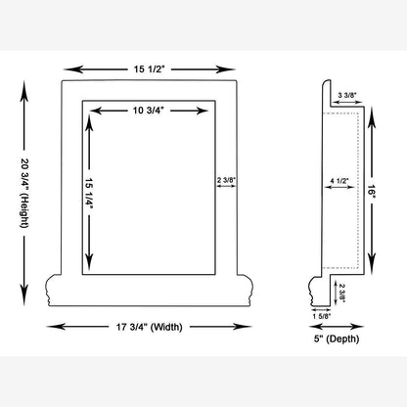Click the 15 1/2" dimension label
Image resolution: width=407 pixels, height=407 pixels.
point(150,69)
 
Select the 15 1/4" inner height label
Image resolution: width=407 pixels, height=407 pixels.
point(89,194)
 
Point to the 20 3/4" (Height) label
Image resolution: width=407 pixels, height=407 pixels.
point(24,193)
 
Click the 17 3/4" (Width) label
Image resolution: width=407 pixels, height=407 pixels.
point(150,327)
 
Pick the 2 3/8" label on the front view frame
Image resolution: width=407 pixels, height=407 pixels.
point(226,180)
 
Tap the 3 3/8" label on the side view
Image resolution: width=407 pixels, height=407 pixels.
point(347,95)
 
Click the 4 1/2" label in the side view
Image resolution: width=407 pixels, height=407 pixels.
point(339,181)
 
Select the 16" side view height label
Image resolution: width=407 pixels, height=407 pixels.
point(372,190)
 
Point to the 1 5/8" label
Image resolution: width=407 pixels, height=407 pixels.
point(322,316)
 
